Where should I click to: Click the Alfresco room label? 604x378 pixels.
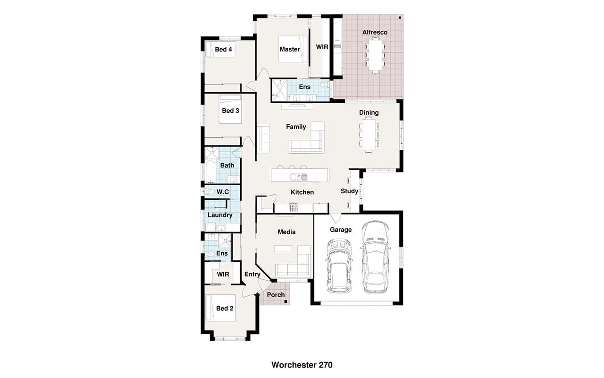pyautogui.click(x=375, y=33)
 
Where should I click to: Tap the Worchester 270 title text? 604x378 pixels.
pyautogui.click(x=302, y=365)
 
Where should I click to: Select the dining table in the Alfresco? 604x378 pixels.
pyautogui.click(x=375, y=55)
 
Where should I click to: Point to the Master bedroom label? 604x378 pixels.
pyautogui.click(x=290, y=50)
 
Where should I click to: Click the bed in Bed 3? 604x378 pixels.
pyautogui.click(x=230, y=109)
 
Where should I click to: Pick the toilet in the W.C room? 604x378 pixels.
pyautogui.click(x=209, y=192)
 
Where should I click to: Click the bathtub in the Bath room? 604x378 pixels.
pyautogui.click(x=210, y=172)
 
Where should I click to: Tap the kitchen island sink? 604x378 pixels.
pyautogui.click(x=298, y=177)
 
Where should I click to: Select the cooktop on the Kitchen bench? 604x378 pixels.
pyautogui.click(x=294, y=207)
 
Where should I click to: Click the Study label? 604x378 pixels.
pyautogui.click(x=349, y=191)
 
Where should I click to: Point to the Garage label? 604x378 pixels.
pyautogui.click(x=341, y=230)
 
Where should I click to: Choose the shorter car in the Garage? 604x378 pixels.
pyautogui.click(x=339, y=266)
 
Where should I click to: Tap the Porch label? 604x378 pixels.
pyautogui.click(x=276, y=295)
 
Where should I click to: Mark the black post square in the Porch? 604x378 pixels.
pyautogui.click(x=286, y=301)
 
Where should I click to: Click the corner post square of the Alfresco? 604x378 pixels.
pyautogui.click(x=400, y=18)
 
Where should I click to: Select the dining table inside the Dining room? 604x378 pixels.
pyautogui.click(x=369, y=135)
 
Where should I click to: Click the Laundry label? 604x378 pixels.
pyautogui.click(x=220, y=215)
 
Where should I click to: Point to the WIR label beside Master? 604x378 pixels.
pyautogui.click(x=322, y=47)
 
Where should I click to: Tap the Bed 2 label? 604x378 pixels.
pyautogui.click(x=225, y=309)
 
